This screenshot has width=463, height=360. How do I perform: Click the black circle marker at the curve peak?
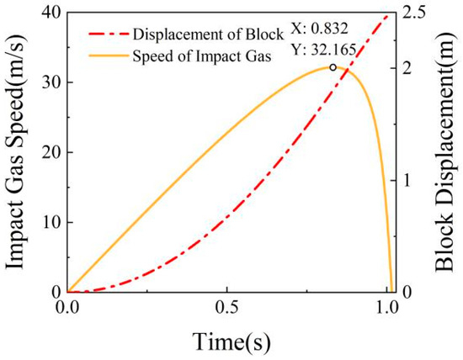pos(333,67)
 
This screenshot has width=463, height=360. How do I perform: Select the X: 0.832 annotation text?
pos(320,29)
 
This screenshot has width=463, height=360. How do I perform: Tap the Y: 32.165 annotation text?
pos(323,50)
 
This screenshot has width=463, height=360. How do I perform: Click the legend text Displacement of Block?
pos(208,34)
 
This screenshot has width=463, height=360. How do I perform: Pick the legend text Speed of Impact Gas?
pos(202,56)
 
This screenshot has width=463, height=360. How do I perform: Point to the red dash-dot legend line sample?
pos(109,34)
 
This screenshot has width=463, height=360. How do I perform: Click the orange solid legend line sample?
pos(109,56)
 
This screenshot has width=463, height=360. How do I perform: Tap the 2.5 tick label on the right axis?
pos(412,13)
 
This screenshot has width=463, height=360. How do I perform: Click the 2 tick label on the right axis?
pos(406,68)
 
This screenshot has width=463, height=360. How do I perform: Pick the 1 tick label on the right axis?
pos(407,180)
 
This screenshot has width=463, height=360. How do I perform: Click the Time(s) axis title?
pos(231,341)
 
